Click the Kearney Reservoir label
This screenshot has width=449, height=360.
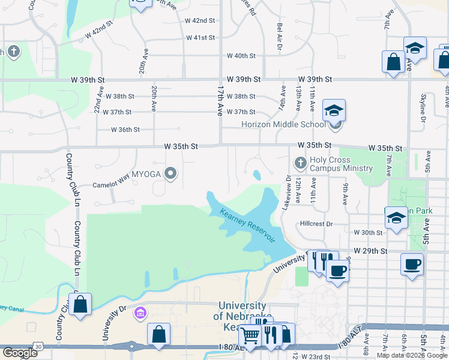[247, 226]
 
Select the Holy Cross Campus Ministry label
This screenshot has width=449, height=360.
[341, 164]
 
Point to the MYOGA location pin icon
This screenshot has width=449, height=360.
[171, 174]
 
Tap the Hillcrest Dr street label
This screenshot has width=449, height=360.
[316, 224]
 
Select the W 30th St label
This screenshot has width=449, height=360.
[368, 232]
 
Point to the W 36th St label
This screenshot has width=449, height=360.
[125, 130]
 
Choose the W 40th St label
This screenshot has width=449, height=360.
[241, 56]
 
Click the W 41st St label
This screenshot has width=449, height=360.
[200, 38]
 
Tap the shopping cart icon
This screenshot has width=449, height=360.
[250, 337]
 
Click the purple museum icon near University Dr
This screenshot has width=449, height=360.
[140, 312]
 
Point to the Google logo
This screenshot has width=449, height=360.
[20, 353]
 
